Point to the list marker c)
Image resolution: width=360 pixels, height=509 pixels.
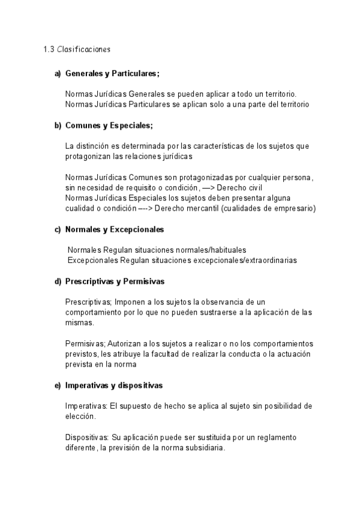tap(58, 229)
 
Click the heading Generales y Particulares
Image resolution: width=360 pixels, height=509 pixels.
tap(112, 74)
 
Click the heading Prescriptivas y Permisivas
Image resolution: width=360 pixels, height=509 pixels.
tap(115, 281)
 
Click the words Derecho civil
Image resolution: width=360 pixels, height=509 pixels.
tap(250, 188)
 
